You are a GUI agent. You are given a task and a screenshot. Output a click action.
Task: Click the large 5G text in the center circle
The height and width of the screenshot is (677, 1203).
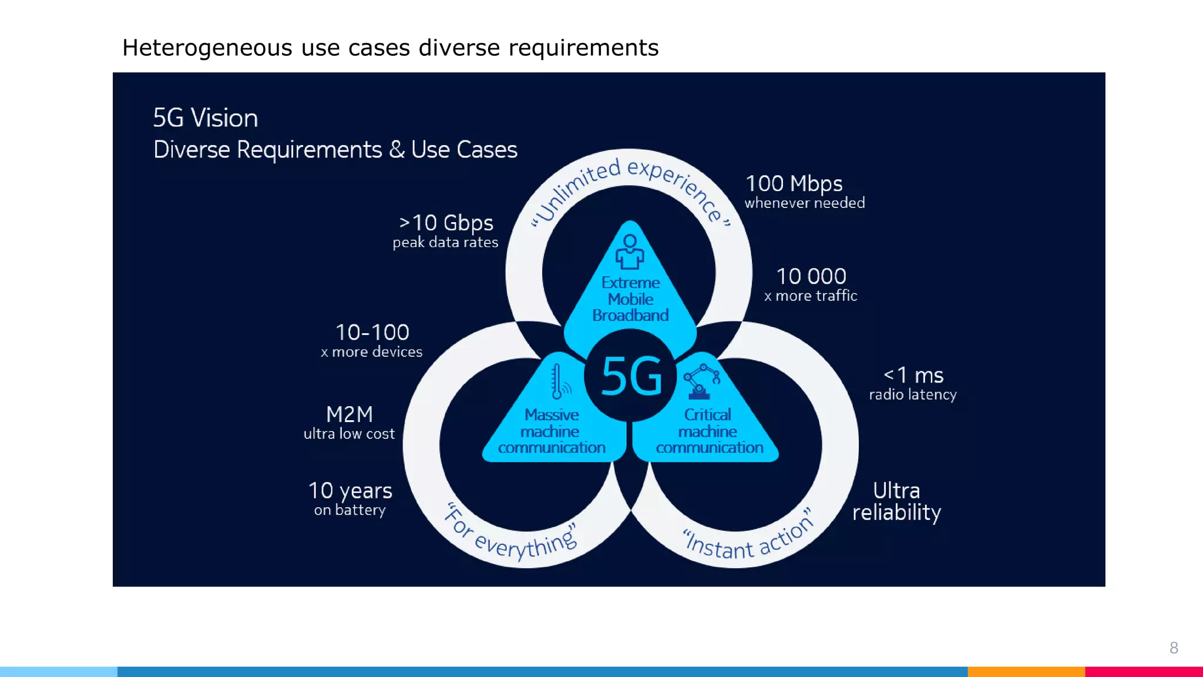[x=631, y=377]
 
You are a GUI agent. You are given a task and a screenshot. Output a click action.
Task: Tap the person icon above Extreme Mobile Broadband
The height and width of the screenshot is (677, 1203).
[x=630, y=252]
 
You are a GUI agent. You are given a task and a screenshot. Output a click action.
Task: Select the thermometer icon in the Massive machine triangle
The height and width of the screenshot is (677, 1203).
[x=559, y=381]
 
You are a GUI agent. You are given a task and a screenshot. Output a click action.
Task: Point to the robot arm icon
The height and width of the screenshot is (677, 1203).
[x=701, y=381]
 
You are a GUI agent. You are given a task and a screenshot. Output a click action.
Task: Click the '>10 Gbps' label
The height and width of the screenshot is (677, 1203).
[x=446, y=223]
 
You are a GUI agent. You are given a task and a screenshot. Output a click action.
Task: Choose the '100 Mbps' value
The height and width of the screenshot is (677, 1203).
[x=794, y=184]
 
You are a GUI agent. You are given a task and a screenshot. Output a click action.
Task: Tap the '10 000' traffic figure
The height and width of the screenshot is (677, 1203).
[x=811, y=276]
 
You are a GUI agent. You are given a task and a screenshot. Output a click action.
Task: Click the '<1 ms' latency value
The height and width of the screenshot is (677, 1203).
[x=913, y=375]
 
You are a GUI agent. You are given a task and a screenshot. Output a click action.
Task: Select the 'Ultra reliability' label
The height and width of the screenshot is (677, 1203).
[x=896, y=501]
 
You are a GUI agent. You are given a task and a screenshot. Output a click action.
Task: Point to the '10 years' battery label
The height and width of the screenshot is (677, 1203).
[x=350, y=491]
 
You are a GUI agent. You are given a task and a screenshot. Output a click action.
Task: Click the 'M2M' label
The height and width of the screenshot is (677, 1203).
[x=350, y=414]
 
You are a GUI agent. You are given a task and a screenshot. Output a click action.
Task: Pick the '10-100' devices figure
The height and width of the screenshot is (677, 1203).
[x=372, y=333]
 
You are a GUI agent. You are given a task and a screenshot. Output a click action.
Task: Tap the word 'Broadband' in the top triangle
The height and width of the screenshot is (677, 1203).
[x=630, y=316]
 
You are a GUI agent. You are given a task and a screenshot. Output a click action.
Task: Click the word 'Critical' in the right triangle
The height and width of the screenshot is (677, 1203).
[x=707, y=415]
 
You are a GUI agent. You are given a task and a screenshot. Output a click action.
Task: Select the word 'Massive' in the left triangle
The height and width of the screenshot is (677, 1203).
[x=552, y=415]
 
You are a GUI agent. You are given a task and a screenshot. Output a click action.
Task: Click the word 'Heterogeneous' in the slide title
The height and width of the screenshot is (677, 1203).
[x=207, y=48]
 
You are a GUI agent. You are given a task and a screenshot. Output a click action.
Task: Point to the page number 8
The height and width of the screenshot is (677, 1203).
[x=1174, y=648]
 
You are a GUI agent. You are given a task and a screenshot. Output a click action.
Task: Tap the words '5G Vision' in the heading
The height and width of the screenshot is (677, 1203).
[x=206, y=118]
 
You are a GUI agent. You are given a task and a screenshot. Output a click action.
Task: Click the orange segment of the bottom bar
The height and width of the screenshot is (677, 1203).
[x=1026, y=672]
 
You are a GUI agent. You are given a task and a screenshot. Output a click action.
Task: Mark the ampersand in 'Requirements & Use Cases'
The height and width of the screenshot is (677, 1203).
[x=397, y=150]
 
